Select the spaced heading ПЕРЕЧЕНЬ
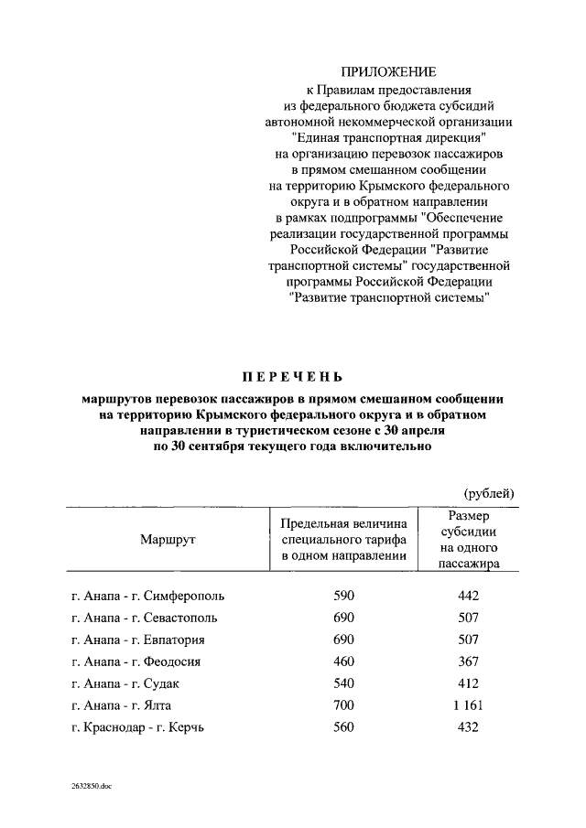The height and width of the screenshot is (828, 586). point(292,376)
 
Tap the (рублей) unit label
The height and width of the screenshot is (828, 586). point(489,493)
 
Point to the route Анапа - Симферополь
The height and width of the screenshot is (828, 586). point(147,596)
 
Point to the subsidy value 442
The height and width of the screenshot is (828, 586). point(468,596)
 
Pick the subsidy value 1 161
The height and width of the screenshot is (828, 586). point(468,705)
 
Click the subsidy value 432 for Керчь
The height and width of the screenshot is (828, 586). point(468,727)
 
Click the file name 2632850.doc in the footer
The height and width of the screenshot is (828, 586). point(91,786)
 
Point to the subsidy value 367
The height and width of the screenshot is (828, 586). point(468,661)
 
